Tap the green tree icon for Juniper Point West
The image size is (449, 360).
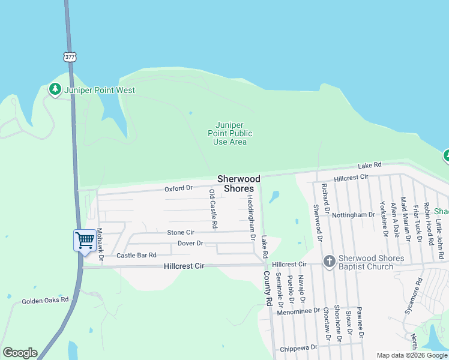coord(55,90)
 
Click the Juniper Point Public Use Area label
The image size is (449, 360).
coord(230,133)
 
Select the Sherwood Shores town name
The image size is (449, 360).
coord(239,184)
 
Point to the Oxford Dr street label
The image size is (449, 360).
coord(178,188)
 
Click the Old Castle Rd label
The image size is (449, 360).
coord(213,209)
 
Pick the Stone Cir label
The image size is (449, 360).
coord(181,232)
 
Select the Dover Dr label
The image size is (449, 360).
coord(191,243)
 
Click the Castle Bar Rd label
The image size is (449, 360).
coord(136,256)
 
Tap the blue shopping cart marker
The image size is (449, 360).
coord(85,241)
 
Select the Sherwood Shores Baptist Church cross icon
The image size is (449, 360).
coord(328,262)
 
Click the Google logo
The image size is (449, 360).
coord(20,353)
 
